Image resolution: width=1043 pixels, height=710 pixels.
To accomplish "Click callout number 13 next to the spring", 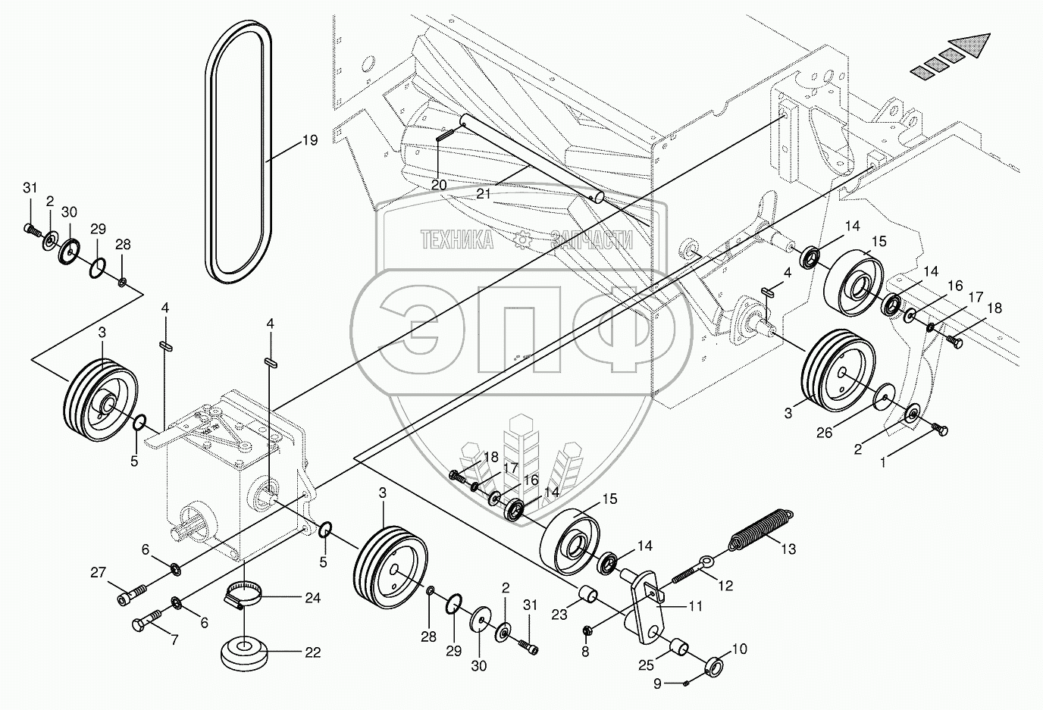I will tap(788, 549).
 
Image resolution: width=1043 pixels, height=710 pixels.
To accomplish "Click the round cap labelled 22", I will tap(244, 652).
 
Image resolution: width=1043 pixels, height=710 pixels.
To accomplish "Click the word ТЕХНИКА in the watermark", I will tap(456, 240).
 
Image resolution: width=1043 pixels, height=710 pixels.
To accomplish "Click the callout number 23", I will tap(559, 616).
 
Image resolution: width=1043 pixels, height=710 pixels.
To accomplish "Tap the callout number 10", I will tap(740, 649).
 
